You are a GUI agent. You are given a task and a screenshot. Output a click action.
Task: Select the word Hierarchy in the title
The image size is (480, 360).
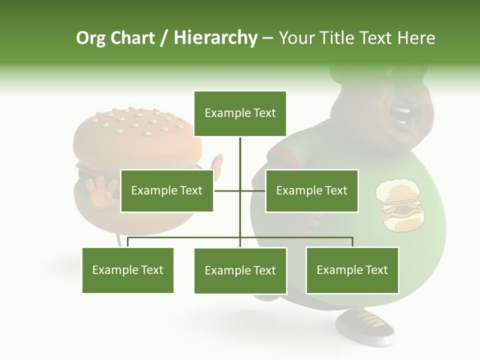pos(215,38)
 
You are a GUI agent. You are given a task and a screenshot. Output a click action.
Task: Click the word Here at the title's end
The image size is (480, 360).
pos(416,38)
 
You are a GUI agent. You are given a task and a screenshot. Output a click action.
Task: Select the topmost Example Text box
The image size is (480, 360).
pos(240,113)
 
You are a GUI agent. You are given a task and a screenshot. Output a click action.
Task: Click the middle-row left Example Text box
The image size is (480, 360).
pos(167,190)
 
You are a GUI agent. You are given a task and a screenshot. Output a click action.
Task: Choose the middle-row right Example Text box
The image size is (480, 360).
pos(311,190)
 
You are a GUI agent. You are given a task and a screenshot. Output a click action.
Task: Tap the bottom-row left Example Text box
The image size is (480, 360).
pos(128,270)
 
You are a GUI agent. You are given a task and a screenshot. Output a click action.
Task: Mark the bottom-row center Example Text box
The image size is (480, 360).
pos(240,270)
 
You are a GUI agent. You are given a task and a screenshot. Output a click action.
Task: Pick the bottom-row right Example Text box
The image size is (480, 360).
pos(352,270)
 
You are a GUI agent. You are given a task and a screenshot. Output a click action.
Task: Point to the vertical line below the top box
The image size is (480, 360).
pos(240,155)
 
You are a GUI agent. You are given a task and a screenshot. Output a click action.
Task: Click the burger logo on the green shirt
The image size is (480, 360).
pos(400,204)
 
